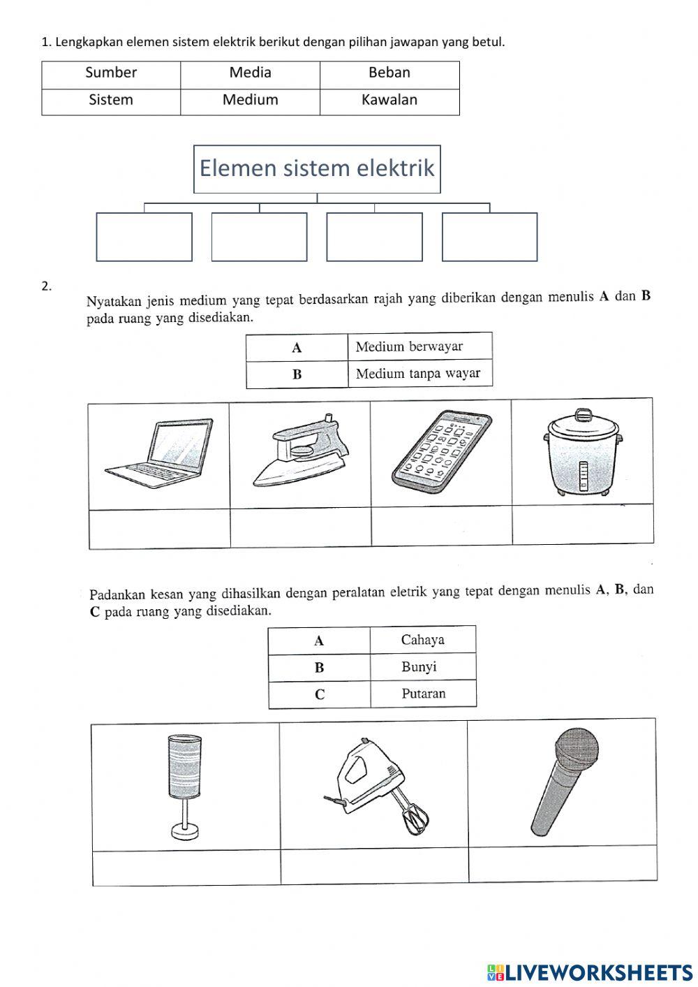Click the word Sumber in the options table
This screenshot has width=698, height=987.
pos(111,73)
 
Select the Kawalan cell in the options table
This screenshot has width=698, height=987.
pos(389,100)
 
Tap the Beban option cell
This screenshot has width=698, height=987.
pos(389,73)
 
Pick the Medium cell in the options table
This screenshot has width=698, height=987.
pos(250,100)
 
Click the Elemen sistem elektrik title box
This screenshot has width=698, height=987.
pos(317,168)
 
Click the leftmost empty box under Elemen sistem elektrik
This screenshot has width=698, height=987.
pos(144,237)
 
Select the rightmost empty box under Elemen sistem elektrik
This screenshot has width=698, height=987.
pos(489,237)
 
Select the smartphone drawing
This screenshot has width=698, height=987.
pos(442,451)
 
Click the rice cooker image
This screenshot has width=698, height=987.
pos(581,453)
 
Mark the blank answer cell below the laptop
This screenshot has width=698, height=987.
pos(160,529)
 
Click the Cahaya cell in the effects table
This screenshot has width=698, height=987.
pos(422,640)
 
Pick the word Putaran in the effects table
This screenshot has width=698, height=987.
pos(423,694)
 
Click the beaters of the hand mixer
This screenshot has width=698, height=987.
pos(416,817)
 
